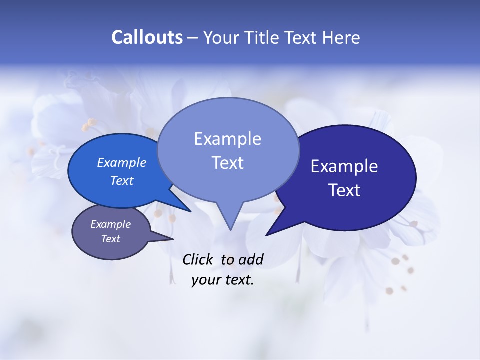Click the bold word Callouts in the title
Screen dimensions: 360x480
coord(147,37)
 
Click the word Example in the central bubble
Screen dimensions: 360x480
coord(227,139)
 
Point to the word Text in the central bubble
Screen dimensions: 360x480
coord(227,163)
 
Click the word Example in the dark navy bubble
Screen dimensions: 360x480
coord(344,166)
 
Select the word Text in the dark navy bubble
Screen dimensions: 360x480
coord(344,190)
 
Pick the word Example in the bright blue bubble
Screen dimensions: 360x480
coord(122,162)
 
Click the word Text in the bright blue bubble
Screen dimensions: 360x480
coord(122,180)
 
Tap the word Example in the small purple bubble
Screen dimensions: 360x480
coord(110,224)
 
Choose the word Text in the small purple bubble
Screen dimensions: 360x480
coord(110,239)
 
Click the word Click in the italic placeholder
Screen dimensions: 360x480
coord(198,259)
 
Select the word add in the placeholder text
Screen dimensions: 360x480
coord(251,259)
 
